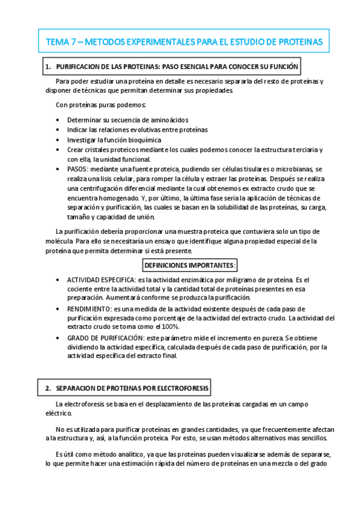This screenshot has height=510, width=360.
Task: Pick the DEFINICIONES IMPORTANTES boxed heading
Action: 190,265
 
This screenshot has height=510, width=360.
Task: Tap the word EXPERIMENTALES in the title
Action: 162,41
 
